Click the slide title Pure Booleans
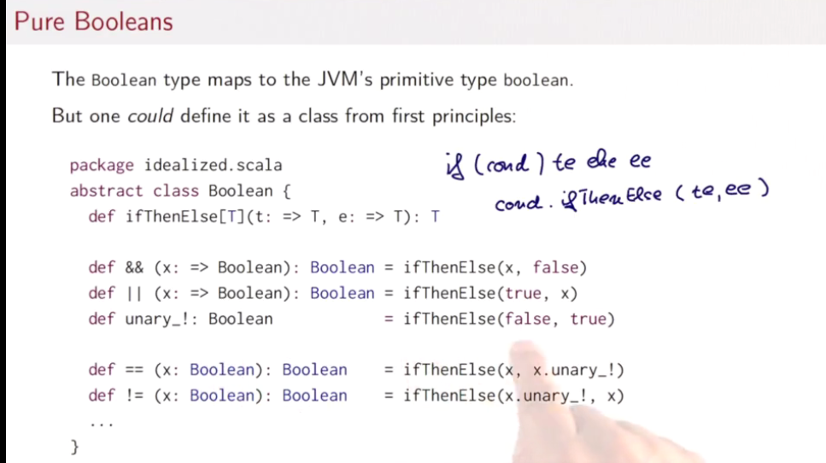[93, 21]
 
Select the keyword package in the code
[102, 165]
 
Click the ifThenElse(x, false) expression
[495, 267]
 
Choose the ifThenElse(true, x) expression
[491, 293]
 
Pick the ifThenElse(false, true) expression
[509, 319]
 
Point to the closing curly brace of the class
[74, 445]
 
